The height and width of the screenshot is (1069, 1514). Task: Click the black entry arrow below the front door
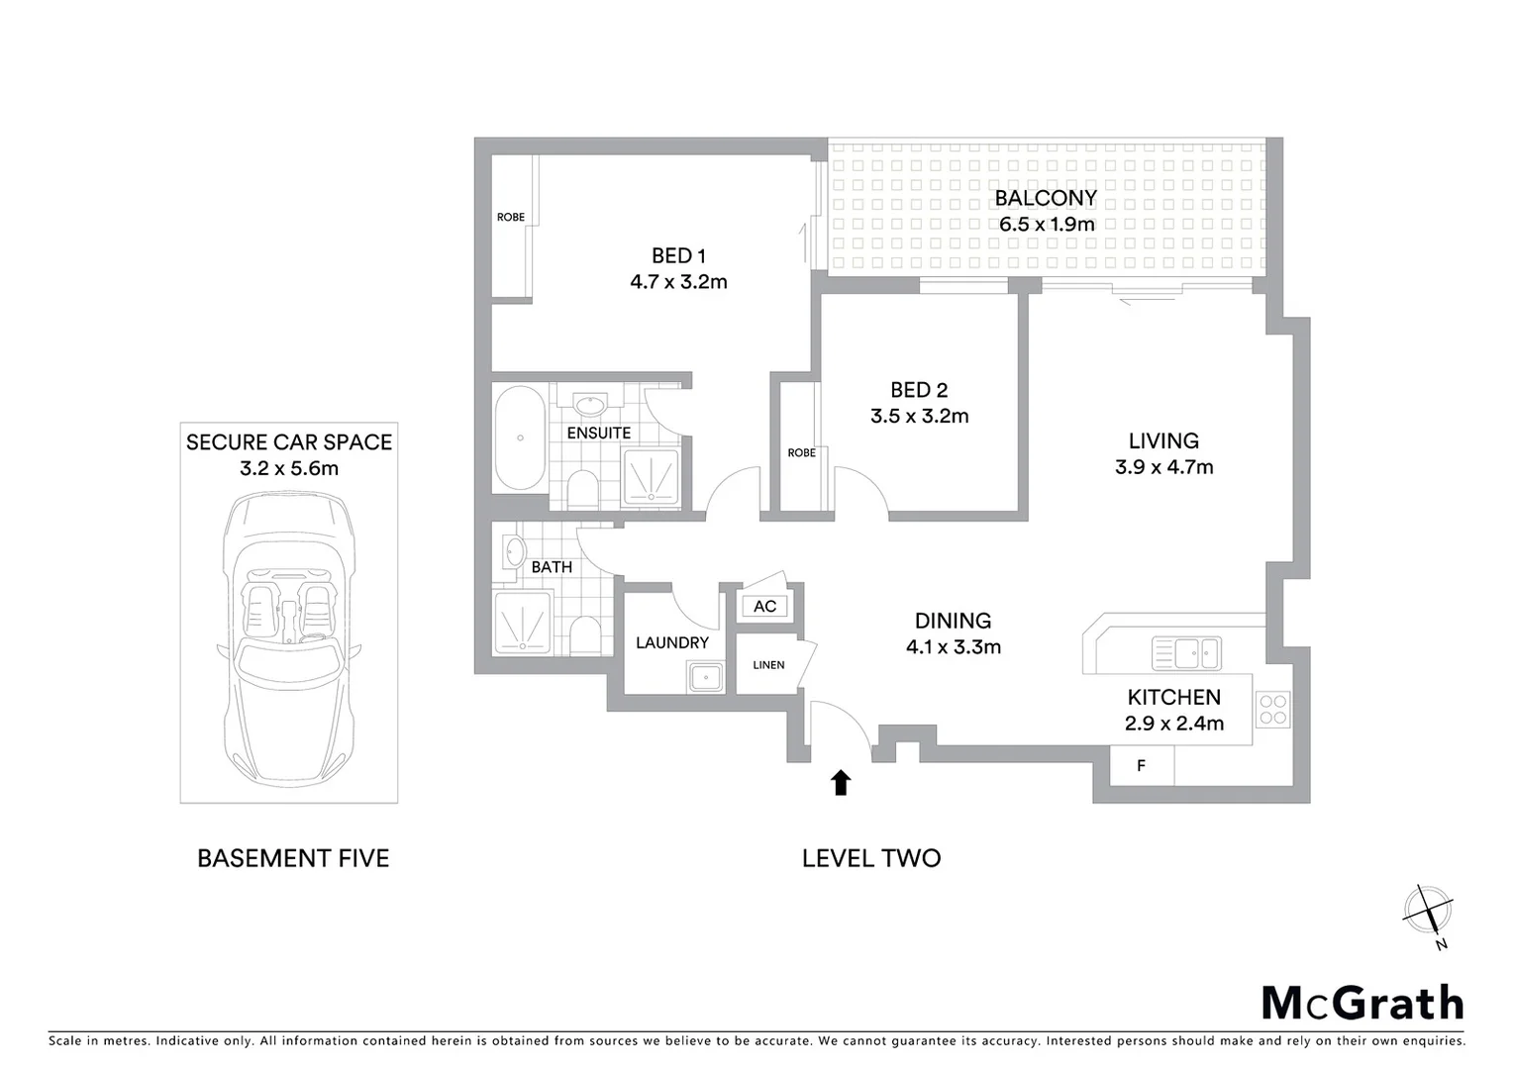pyautogui.click(x=841, y=783)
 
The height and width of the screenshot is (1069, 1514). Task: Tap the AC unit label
pyautogui.click(x=764, y=606)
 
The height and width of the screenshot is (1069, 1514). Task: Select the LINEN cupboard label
pyautogui.click(x=768, y=665)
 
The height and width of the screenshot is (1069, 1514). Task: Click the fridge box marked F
pyautogui.click(x=1141, y=765)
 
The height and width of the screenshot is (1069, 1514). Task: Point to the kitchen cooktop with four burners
pyautogui.click(x=1272, y=708)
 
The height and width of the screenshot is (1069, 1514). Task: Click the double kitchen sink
pyautogui.click(x=1186, y=653)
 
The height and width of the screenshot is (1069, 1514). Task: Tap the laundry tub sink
pyautogui.click(x=705, y=678)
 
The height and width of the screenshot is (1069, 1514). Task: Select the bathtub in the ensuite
pyautogui.click(x=518, y=437)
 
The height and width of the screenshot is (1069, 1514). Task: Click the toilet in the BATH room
pyautogui.click(x=583, y=635)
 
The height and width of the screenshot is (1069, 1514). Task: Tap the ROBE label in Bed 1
pyautogui.click(x=511, y=217)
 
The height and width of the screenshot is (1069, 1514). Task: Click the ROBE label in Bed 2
pyautogui.click(x=801, y=452)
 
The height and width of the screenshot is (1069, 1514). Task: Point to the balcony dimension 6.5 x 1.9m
pyautogui.click(x=1047, y=224)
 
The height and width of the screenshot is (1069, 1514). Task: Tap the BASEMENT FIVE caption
pyautogui.click(x=293, y=858)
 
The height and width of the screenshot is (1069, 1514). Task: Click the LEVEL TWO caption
pyautogui.click(x=871, y=858)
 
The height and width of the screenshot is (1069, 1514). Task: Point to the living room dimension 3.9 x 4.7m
pyautogui.click(x=1163, y=467)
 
